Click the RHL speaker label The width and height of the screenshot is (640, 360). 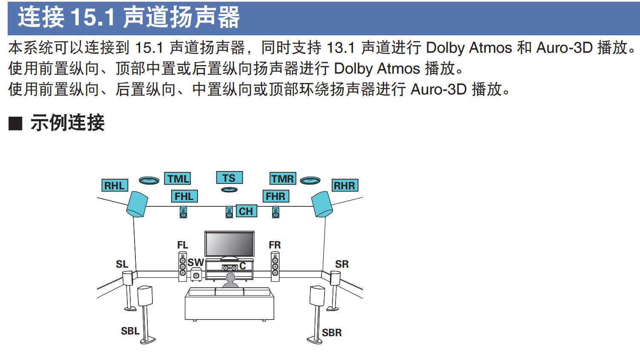click(115, 186)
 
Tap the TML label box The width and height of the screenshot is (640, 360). click(177, 178)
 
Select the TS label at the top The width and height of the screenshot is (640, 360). click(229, 178)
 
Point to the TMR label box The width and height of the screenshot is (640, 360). click(283, 178)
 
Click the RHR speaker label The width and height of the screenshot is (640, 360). click(344, 186)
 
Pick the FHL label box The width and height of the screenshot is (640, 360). click(184, 196)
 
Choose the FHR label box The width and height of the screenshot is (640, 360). click(276, 196)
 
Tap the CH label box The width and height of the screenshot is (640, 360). click(246, 211)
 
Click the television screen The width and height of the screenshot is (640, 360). click(229, 244)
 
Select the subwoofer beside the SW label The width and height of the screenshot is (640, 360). click(196, 275)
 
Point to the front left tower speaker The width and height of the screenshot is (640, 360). click(183, 266)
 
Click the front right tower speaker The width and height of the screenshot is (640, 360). click(275, 266)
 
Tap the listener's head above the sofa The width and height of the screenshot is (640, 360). click(230, 278)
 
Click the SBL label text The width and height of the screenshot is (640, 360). click(130, 331)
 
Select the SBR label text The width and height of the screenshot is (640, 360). click(332, 332)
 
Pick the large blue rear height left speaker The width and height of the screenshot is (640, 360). click(137, 204)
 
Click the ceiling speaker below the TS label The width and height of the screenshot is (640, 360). click(229, 189)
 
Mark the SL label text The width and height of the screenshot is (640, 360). click(122, 264)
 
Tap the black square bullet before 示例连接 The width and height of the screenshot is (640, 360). click(15, 123)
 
